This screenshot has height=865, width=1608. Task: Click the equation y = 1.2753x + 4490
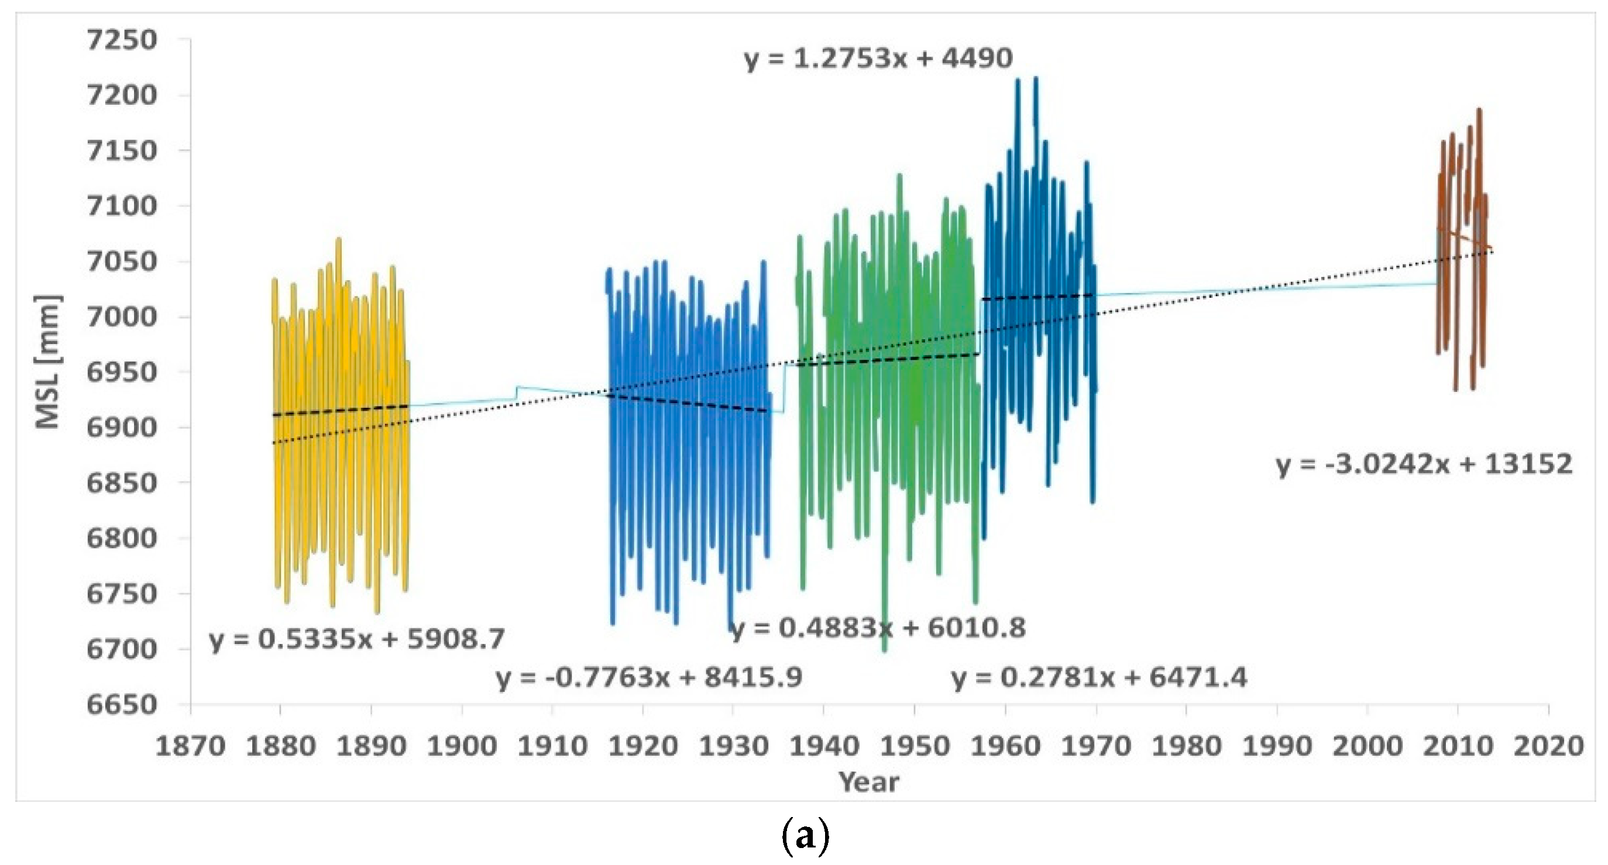878,58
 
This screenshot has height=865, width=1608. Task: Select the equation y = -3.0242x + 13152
1423,464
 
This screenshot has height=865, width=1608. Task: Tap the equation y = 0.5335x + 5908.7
356,639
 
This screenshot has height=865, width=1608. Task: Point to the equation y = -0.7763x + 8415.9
649,677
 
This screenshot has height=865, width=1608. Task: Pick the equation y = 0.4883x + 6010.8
878,628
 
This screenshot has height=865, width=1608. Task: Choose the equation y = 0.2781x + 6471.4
1099,677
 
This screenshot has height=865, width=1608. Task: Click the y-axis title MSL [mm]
47,362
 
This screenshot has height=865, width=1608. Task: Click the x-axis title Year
868,781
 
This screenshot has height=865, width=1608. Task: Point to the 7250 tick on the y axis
122,40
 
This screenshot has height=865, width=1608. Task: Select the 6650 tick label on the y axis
122,705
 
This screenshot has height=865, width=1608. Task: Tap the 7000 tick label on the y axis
122,316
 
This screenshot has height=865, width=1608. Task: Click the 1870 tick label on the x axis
190,746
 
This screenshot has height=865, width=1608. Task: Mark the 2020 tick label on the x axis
1548,746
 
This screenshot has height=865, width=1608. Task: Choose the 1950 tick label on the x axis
915,746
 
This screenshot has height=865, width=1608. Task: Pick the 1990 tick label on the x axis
1277,746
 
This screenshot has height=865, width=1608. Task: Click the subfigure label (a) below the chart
805,837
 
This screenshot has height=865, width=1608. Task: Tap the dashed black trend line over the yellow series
340,411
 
